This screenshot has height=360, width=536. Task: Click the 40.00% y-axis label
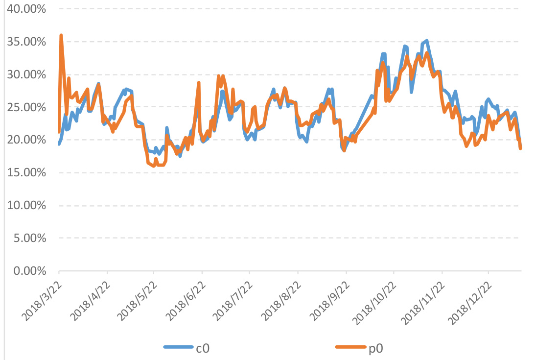(x=26, y=9)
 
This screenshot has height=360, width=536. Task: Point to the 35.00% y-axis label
(x=26, y=42)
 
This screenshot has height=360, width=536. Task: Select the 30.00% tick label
(x=26, y=74)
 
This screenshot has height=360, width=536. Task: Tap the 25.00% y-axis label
(x=26, y=107)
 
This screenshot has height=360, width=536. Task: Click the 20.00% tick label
(x=26, y=140)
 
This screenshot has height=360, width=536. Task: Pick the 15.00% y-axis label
(x=26, y=173)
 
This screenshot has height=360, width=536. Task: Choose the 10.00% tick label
(x=26, y=206)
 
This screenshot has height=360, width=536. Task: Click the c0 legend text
(x=203, y=348)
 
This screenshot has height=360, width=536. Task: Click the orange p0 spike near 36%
(x=61, y=35)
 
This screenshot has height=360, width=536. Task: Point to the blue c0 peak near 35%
(x=426, y=41)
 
